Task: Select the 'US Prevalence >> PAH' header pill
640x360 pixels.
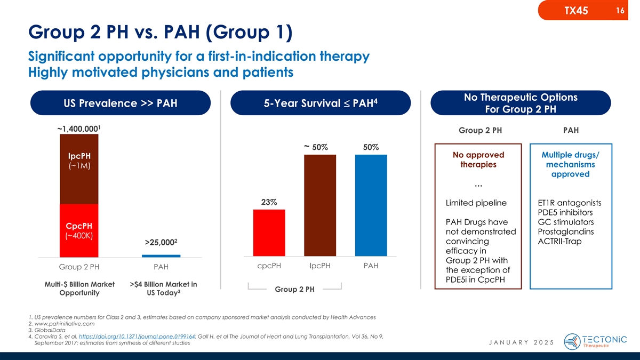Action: point(119,103)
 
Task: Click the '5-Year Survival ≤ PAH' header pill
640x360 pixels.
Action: point(320,103)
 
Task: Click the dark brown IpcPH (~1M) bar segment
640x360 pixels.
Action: point(79,169)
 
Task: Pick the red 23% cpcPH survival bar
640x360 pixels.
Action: point(269,233)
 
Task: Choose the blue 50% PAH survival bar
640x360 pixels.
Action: point(371,205)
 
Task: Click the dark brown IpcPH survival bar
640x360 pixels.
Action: point(320,205)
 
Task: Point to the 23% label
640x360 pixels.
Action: point(269,202)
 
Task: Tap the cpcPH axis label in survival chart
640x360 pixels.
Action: point(269,266)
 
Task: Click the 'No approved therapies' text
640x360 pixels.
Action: point(478,159)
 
